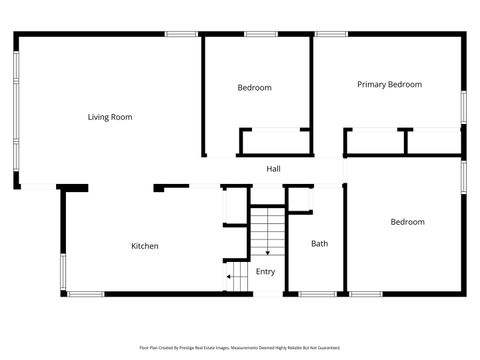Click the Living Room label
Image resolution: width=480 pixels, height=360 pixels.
110,117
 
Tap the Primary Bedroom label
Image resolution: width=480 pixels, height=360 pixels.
389,85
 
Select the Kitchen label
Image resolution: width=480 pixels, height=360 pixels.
145,246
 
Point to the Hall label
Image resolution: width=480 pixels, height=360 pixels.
273,169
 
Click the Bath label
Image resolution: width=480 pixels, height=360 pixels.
319,243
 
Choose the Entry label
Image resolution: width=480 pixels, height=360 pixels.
265,271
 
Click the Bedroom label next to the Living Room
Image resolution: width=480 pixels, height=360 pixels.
254,88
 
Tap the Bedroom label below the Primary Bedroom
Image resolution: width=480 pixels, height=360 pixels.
407,222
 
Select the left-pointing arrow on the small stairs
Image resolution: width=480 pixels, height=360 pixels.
230,277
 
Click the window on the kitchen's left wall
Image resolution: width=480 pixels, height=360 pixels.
63,271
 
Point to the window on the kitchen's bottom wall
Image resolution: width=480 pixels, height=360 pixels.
85,294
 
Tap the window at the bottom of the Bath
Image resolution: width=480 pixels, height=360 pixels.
317,294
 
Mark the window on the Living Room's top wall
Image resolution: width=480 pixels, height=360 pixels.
181,35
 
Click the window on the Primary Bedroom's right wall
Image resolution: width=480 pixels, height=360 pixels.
463,107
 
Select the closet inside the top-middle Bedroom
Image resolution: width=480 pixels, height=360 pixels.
274,141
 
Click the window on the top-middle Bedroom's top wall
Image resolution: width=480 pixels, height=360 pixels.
261,35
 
